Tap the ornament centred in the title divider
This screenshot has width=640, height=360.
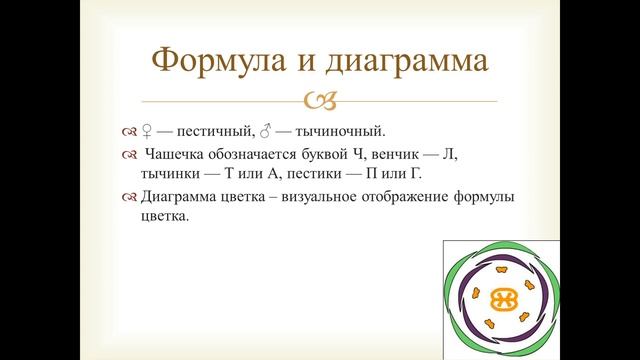click(320, 99)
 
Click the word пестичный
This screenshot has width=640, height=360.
click(216, 130)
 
